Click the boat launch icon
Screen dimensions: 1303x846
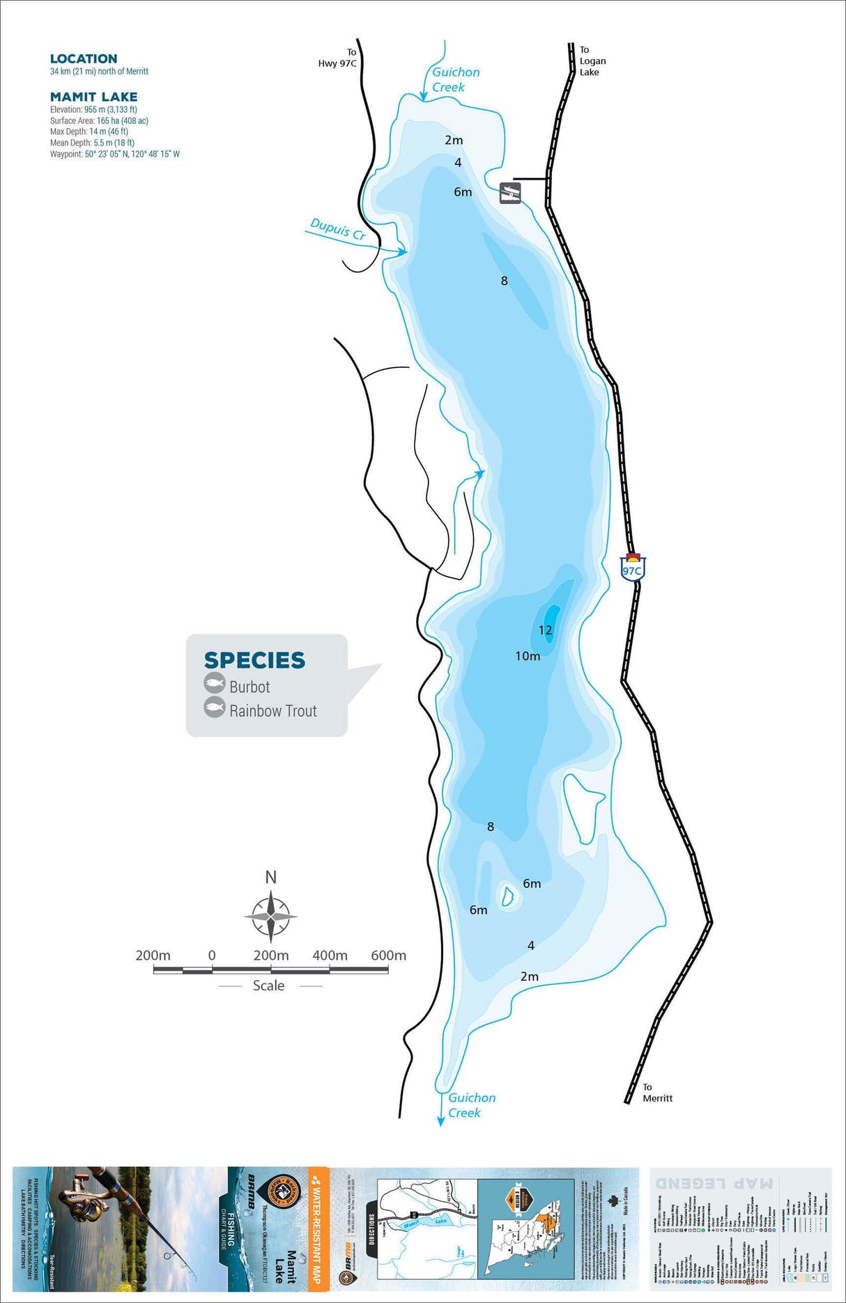point(510,193)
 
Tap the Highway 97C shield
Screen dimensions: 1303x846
point(632,568)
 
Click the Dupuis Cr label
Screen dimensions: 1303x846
point(338,229)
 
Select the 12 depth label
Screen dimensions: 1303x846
point(546,630)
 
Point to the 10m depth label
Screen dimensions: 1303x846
point(528,656)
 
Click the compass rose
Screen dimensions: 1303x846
point(270,916)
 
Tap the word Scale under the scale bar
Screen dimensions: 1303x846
point(268,985)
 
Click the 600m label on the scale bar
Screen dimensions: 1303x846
point(388,955)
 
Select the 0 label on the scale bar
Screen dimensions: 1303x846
point(212,955)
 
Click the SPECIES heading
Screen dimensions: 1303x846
point(254,660)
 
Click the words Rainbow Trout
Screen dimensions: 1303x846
point(273,711)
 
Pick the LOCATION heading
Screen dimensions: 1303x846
point(84,59)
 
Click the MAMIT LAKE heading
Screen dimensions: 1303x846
point(93,97)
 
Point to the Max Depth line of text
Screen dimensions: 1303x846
point(89,132)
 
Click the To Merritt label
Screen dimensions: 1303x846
point(656,1092)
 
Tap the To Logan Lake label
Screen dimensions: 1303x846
point(592,61)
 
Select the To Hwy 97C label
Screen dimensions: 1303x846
point(338,58)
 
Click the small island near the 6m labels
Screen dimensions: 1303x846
point(507,895)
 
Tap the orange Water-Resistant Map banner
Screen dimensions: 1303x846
point(318,1228)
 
